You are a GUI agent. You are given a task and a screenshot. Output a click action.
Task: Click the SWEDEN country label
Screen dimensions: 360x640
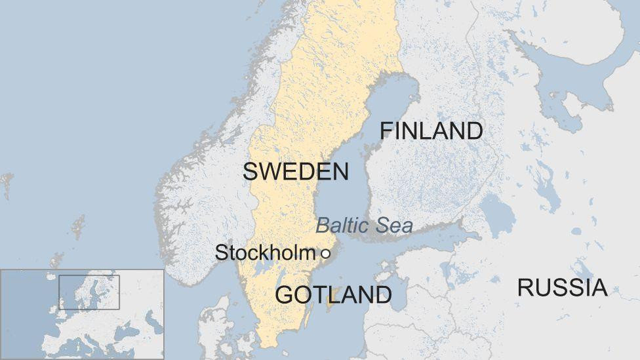pos(295,172)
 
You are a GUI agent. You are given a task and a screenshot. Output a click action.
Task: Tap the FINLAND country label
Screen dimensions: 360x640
pos(431,131)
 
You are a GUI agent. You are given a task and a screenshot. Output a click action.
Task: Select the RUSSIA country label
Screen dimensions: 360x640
pos(562,287)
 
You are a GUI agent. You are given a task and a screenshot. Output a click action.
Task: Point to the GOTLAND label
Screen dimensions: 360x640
pos(333,294)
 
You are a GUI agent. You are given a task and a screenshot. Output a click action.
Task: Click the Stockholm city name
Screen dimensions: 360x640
pos(265,252)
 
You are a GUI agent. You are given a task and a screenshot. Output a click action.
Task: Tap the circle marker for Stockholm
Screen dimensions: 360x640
pos(325,253)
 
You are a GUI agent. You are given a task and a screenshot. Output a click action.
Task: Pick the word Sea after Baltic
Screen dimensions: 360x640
pos(391,226)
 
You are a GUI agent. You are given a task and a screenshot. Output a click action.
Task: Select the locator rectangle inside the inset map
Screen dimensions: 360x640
pos(89,292)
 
